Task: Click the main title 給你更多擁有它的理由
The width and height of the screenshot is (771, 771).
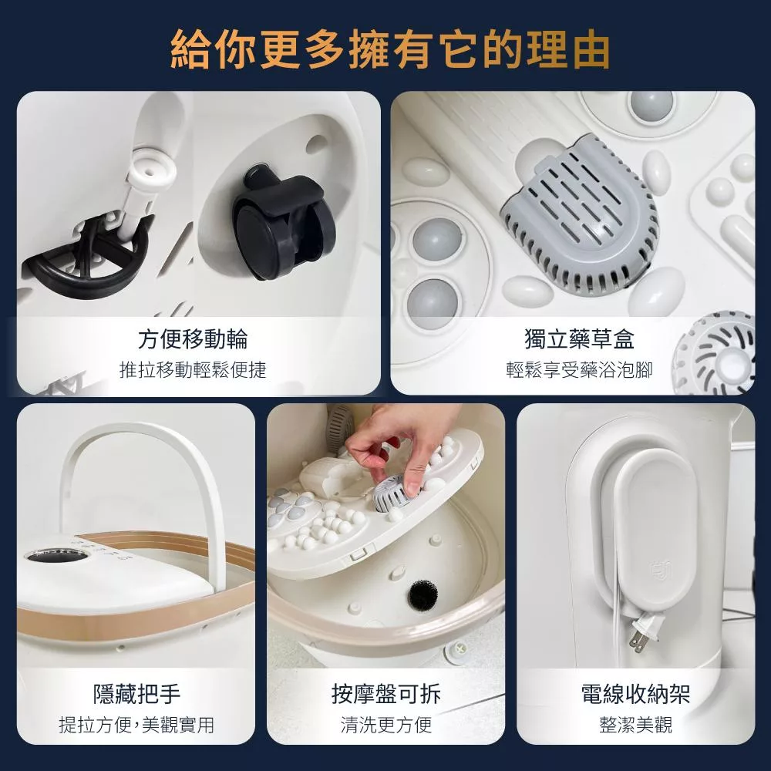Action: click(x=390, y=49)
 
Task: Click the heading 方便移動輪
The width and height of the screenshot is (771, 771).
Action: click(x=193, y=338)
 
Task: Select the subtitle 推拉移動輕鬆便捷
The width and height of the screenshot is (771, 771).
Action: click(x=193, y=370)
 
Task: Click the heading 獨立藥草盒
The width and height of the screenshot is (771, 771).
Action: click(x=579, y=338)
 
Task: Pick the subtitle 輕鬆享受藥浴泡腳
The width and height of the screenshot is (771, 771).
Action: click(x=579, y=370)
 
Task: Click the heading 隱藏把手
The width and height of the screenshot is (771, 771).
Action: click(x=136, y=694)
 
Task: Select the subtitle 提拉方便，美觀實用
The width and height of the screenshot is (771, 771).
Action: click(x=136, y=724)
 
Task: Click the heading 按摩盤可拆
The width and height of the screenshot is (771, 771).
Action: click(x=386, y=694)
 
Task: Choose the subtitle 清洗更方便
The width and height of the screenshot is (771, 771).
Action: click(x=386, y=724)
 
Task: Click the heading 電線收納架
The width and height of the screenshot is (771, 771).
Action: click(x=635, y=694)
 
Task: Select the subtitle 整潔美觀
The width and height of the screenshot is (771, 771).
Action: click(x=635, y=724)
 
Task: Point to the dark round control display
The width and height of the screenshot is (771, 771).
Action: click(x=56, y=556)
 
